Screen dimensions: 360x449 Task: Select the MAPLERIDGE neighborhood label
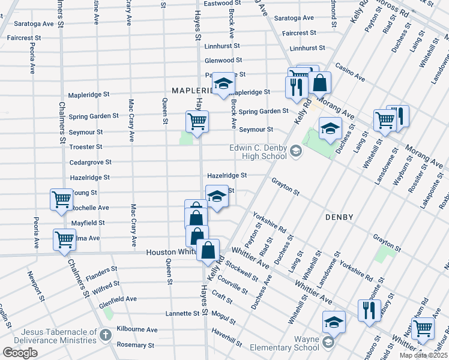click(x=193, y=91)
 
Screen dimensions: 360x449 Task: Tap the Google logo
click(x=20, y=353)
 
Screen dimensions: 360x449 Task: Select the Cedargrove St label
click(x=89, y=162)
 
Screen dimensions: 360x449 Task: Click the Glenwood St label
click(x=223, y=61)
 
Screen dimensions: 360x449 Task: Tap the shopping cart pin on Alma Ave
click(x=64, y=239)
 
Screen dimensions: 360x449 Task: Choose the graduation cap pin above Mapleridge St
click(x=223, y=84)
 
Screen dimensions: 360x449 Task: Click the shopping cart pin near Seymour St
click(x=197, y=121)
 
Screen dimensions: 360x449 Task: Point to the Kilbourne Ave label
click(x=137, y=329)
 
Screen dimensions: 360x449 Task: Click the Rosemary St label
click(x=135, y=345)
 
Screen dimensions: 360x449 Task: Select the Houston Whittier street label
click(x=172, y=253)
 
